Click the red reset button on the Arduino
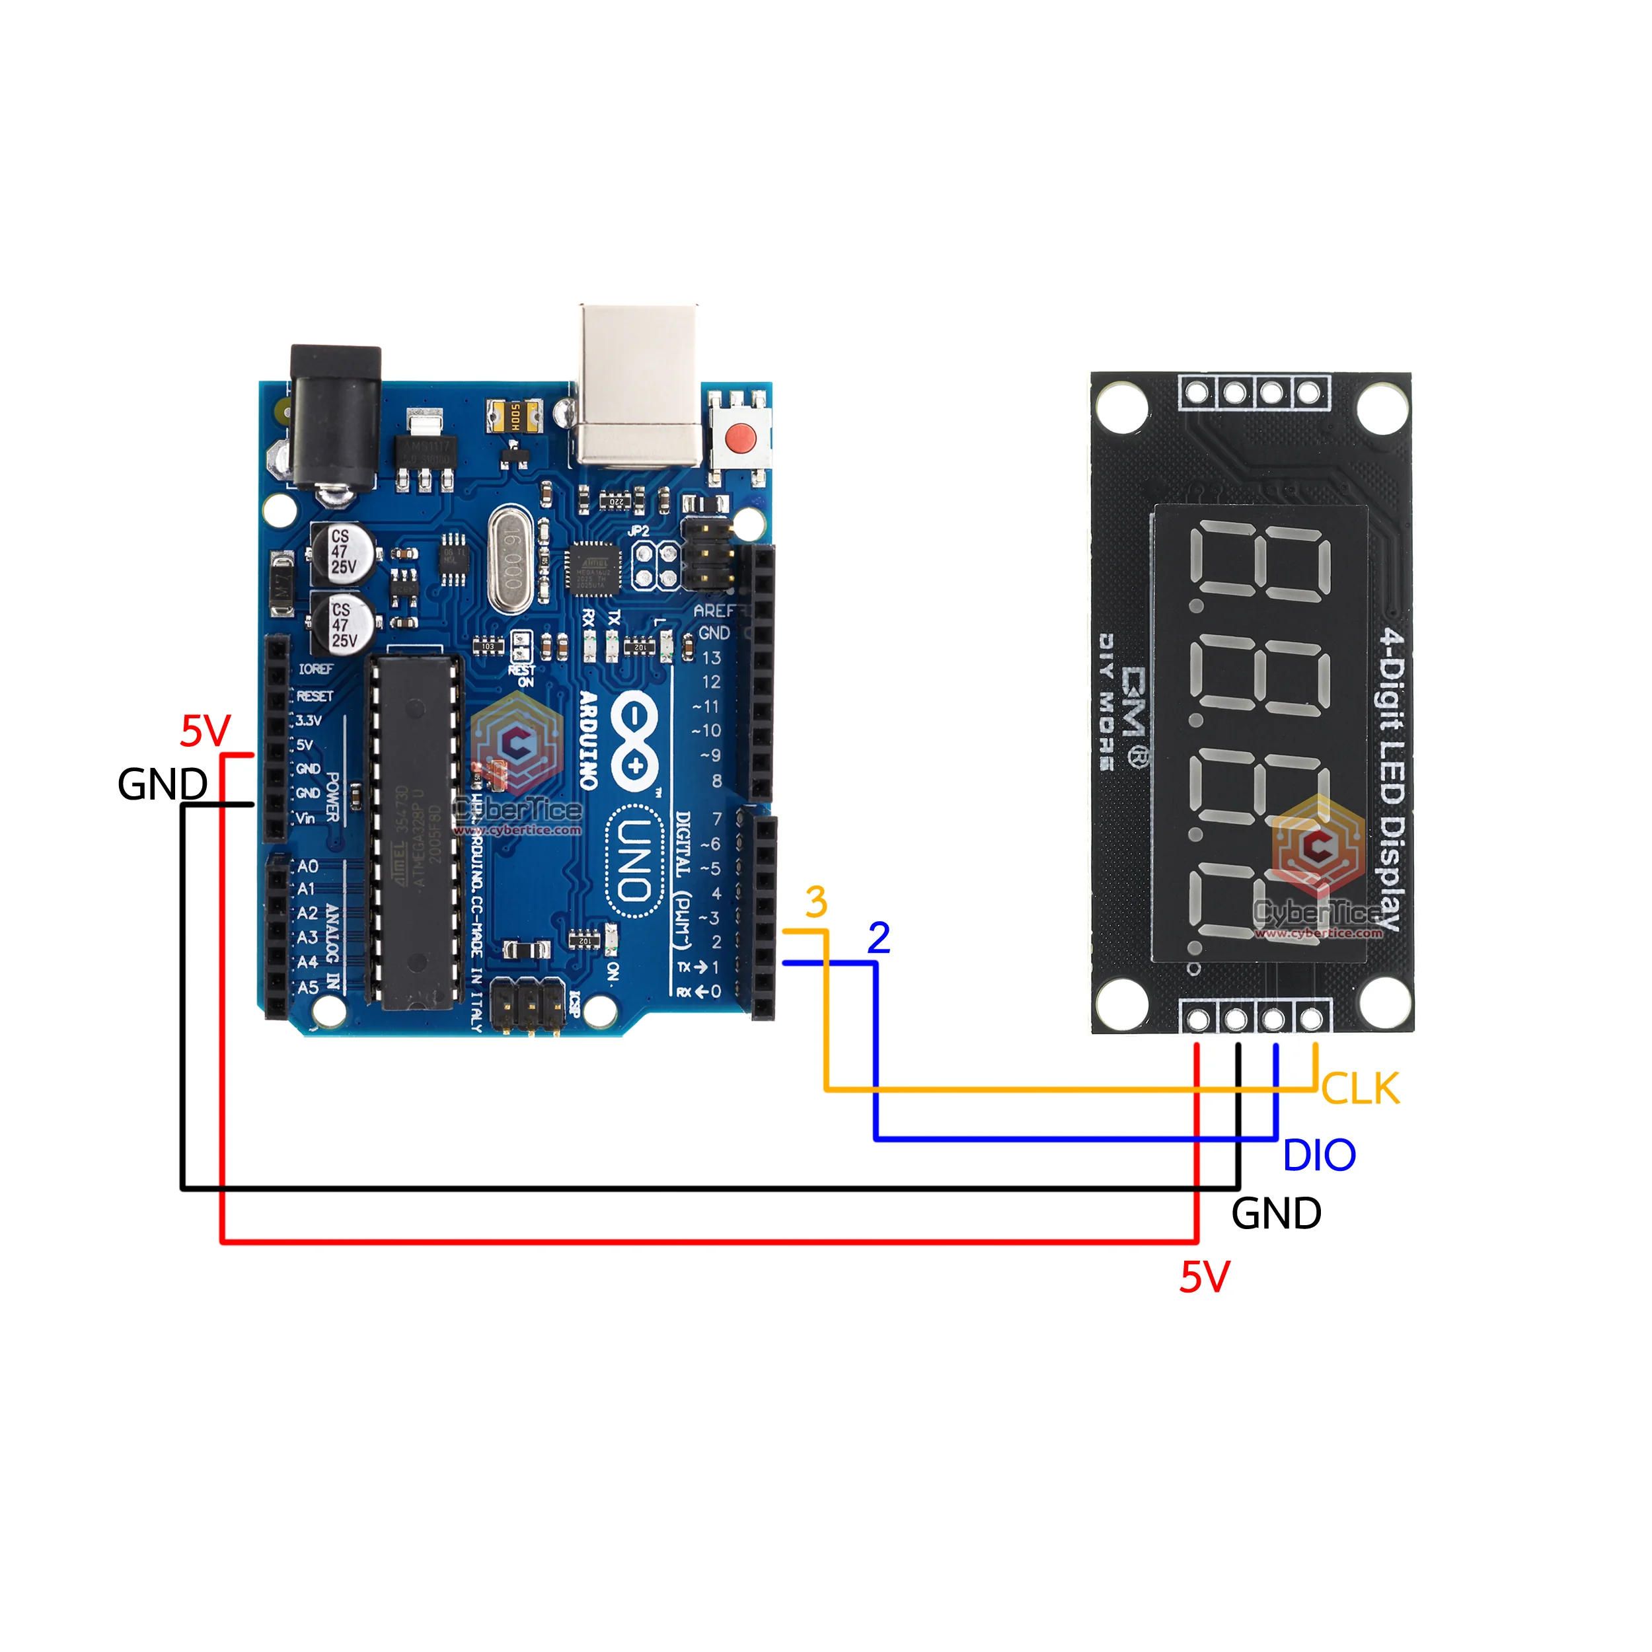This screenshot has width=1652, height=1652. click(741, 438)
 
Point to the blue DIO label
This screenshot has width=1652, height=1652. click(1320, 1156)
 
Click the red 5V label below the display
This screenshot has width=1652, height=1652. click(1204, 1277)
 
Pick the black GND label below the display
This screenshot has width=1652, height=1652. click(1276, 1214)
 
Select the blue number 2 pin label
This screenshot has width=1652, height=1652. click(878, 938)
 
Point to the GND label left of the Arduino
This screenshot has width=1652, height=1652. click(163, 784)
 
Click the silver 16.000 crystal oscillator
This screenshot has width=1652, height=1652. click(511, 558)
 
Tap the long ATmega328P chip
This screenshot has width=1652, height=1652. click(415, 829)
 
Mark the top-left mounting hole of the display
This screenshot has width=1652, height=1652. click(1122, 407)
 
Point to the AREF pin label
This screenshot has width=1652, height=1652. click(713, 611)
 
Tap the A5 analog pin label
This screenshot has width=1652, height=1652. click(308, 988)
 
